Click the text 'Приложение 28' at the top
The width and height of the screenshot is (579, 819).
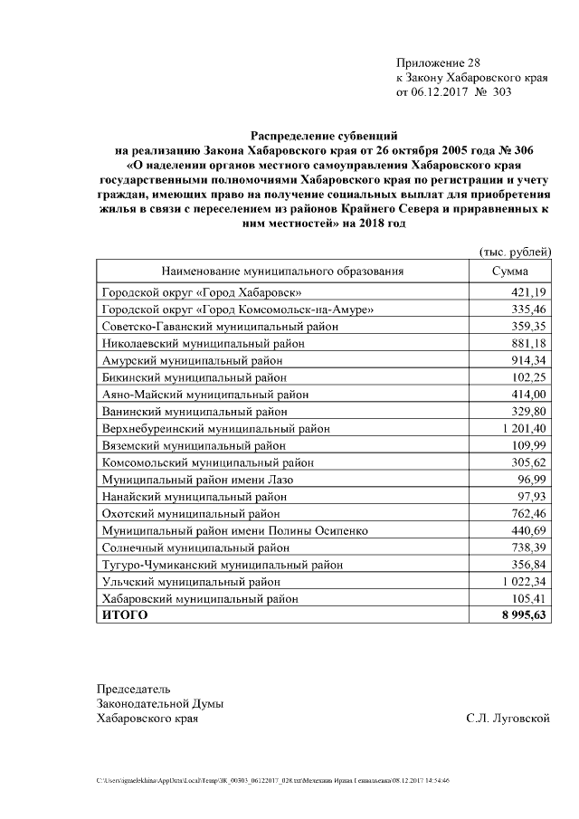click(438, 62)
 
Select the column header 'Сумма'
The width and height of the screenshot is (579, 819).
click(510, 271)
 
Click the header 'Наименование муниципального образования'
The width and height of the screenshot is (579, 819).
click(282, 271)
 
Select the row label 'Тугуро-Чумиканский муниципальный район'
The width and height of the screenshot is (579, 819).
click(223, 565)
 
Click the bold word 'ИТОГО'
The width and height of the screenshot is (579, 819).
click(124, 615)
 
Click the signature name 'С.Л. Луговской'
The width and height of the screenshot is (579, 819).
click(508, 719)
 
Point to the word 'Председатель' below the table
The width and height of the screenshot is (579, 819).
click(133, 689)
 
